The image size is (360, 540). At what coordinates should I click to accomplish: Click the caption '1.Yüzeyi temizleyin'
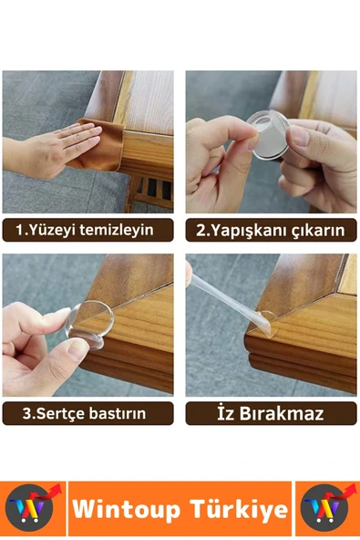coord(87,229)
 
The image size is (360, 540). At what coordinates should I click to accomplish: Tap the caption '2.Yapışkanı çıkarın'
coord(271,229)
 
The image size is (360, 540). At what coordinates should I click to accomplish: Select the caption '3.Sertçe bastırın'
coord(87,412)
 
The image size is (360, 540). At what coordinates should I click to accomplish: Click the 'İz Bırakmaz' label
coord(271,412)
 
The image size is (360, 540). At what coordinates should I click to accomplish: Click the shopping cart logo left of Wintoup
coord(33,509)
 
